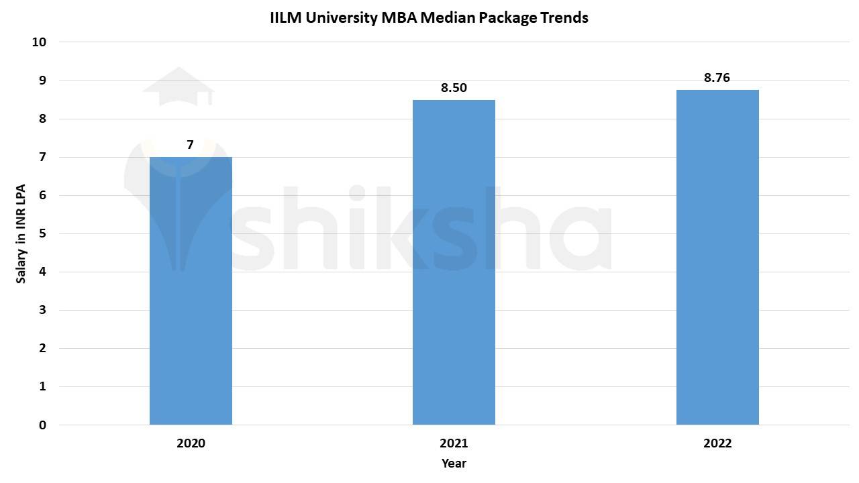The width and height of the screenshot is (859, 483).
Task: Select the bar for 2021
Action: [454, 262]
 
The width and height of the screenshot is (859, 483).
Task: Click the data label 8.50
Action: [454, 88]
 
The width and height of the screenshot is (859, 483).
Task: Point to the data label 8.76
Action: [717, 78]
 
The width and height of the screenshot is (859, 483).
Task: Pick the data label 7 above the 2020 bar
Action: [191, 145]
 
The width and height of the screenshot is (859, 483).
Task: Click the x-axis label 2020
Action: [191, 443]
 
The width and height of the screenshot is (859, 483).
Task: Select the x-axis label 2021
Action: [454, 443]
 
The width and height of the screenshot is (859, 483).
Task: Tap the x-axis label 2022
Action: [717, 443]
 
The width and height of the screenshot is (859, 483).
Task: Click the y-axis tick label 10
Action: [39, 42]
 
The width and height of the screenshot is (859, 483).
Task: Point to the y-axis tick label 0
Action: [42, 425]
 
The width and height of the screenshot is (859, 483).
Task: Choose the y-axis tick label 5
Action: [42, 233]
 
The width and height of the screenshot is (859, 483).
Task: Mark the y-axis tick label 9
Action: [42, 80]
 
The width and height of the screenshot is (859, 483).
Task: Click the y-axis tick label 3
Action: [42, 310]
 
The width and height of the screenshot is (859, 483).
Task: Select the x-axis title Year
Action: [454, 464]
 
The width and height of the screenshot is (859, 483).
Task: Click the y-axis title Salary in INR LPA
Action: [21, 233]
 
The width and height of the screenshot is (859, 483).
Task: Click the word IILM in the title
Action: [286, 18]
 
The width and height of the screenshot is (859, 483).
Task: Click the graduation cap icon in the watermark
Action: [178, 87]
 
